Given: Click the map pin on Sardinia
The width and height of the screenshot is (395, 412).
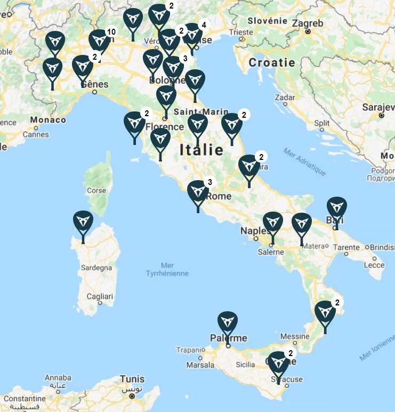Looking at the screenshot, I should point(83,223).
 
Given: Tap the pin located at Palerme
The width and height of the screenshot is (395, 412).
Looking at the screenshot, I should point(228,323).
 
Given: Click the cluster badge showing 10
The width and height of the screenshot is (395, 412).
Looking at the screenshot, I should point(111,32).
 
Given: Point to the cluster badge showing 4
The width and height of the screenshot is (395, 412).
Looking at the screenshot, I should point(203,25).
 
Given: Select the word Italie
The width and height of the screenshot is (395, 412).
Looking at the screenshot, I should point(201,150).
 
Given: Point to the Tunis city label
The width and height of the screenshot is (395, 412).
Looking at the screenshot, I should point(132,379).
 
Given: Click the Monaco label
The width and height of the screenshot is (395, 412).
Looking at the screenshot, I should point(49,120).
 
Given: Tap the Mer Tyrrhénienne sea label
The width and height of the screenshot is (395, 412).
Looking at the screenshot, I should point(167,269).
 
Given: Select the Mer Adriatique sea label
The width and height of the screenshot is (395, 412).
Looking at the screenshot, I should point(304,161).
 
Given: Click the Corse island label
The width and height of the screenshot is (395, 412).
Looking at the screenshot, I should point(96,190).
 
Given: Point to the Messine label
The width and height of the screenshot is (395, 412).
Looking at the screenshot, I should point(295,336).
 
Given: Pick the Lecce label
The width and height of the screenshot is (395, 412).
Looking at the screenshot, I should point(374,265).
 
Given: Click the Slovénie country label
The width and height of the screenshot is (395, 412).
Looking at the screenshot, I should point(268,21).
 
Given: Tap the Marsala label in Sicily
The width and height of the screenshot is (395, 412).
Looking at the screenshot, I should point(200,365).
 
